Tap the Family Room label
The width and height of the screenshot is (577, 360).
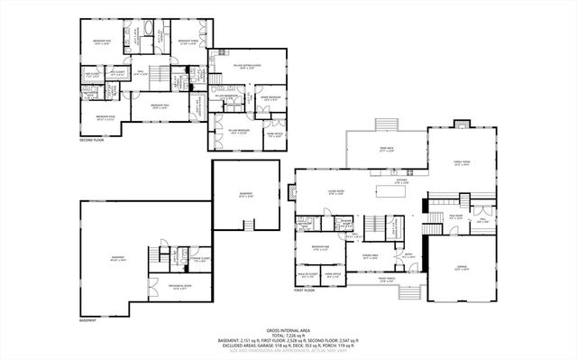coord(463,164)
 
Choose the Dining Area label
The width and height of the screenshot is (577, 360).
coord(370,255)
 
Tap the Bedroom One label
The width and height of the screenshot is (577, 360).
coord(319,246)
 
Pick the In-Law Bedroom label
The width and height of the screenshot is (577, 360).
coord(239,131)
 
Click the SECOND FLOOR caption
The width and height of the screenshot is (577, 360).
coord(93,141)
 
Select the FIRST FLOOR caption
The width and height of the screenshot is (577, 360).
coord(304,291)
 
